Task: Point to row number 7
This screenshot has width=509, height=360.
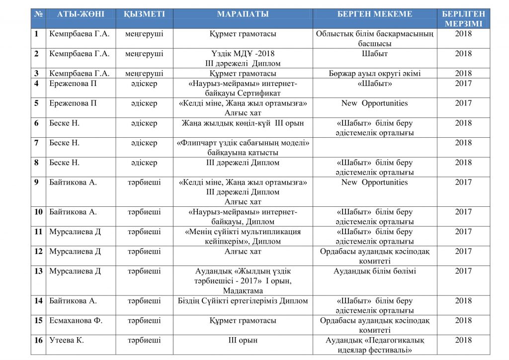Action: (x=37, y=143)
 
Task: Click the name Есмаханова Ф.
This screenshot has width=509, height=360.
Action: (x=76, y=321)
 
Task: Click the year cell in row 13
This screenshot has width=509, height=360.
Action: (x=463, y=271)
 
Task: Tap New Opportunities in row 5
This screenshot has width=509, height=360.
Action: (x=374, y=103)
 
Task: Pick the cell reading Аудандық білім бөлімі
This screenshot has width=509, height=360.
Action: (x=375, y=271)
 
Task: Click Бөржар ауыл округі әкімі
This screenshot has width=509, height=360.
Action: (x=375, y=74)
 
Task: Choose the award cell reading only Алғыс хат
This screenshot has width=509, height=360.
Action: (x=243, y=252)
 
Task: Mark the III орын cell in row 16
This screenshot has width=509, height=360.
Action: (x=243, y=341)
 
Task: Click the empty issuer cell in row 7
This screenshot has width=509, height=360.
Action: (x=375, y=148)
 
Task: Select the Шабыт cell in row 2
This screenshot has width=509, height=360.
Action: (x=375, y=54)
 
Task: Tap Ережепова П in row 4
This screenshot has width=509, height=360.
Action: (x=73, y=84)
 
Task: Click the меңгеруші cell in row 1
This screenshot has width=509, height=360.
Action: (x=144, y=34)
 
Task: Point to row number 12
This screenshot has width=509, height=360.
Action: (x=38, y=252)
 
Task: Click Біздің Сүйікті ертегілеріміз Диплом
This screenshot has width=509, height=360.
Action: (x=243, y=301)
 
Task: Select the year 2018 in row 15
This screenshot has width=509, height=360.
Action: (x=463, y=321)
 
